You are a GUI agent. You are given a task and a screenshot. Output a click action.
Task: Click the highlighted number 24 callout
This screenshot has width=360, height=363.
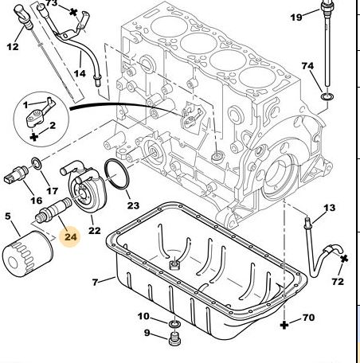click(70, 236)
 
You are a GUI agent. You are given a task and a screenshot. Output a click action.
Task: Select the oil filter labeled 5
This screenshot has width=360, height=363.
click(28, 254)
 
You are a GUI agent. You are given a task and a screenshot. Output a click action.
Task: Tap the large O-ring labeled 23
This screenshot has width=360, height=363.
click(116, 174)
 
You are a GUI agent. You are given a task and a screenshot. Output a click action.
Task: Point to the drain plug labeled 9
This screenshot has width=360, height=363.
click(174, 338)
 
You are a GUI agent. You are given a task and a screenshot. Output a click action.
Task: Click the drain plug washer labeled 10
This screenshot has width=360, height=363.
click(174, 324)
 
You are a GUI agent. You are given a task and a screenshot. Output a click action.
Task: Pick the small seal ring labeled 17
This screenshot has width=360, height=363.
click(36, 163)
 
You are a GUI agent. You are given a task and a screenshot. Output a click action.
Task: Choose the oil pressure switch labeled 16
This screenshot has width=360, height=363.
click(16, 174)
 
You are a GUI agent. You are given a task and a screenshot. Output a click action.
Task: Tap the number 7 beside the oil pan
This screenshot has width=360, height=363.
click(96, 282)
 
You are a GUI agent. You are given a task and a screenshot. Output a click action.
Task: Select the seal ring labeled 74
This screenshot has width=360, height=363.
click(327, 96)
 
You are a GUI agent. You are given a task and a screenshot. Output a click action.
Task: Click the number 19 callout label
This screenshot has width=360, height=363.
click(296, 18)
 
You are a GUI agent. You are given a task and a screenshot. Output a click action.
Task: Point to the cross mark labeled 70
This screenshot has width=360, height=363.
click(284, 325)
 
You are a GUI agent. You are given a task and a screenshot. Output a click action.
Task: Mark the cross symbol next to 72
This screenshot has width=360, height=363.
click(344, 259)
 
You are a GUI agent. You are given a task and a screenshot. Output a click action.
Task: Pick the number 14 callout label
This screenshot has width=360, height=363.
click(80, 73)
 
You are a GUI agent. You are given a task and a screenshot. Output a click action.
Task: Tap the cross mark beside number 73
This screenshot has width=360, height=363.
click(73, 12)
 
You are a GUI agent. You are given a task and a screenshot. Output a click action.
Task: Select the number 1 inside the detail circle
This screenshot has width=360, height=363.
click(25, 105)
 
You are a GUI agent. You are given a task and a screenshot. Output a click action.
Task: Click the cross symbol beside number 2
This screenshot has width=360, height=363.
click(34, 137)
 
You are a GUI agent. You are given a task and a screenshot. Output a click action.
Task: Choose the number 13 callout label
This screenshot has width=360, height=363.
click(329, 208)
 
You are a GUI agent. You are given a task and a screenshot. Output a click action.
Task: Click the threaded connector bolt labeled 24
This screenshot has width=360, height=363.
click(53, 211)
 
